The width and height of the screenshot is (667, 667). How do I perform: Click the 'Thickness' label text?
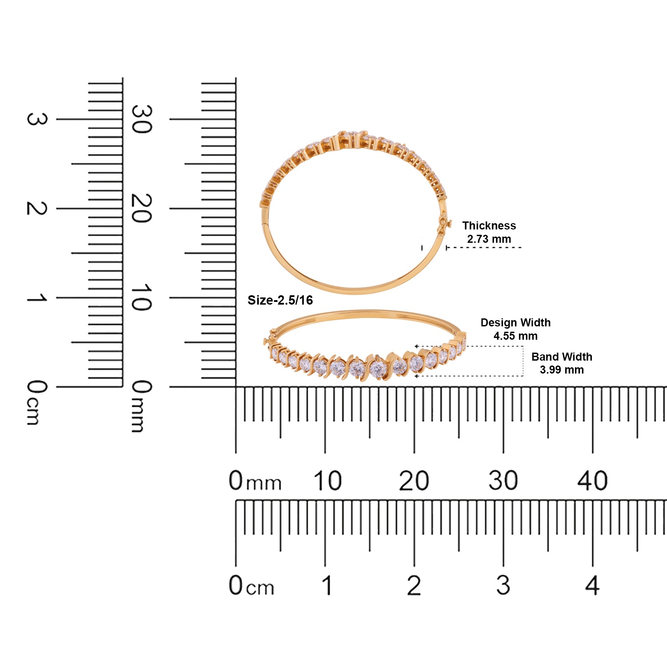coord(489,225)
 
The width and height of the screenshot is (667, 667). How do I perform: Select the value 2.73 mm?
coord(489,239)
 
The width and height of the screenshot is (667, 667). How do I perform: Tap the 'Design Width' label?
coord(515,322)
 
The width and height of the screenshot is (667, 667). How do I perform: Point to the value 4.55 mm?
coord(515,336)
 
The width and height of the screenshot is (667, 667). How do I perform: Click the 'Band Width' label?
coord(562,357)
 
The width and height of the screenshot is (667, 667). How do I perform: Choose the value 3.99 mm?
coord(562,370)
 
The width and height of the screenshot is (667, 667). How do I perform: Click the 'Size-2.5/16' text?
coord(280,300)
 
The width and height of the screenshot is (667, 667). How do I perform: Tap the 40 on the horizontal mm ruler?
coord(592,481)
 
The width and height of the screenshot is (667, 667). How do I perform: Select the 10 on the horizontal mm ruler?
coord(327,481)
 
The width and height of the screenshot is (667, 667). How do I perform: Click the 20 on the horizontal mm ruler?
coord(414,481)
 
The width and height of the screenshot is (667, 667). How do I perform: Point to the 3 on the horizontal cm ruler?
coord(503,585)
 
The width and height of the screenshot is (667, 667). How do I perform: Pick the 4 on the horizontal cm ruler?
coord(592,585)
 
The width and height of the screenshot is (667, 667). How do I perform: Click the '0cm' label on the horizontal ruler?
coord(251,586)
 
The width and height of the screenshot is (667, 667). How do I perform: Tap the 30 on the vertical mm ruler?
coord(141,119)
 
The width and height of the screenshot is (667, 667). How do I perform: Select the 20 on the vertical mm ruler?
coord(141,208)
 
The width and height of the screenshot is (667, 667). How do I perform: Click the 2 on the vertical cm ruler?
coord(36,208)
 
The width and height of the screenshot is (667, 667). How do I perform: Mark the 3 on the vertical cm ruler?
coord(36,119)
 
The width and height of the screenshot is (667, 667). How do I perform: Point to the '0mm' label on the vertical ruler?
coord(141,406)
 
